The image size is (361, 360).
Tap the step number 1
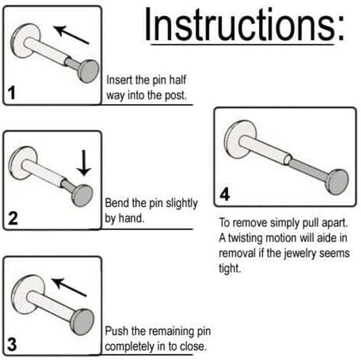pos(12,93)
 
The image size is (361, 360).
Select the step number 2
pos(13,218)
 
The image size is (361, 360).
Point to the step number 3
pos(12,344)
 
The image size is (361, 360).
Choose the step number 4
pos(225,194)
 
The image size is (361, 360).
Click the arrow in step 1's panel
pos(71,35)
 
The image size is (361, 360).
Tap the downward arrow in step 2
pos(84,163)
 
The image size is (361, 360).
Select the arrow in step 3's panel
pos(69,288)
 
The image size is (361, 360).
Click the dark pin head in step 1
pos(89,71)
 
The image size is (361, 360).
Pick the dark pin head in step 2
pos(82,195)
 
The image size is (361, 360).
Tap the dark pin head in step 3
pos(82,322)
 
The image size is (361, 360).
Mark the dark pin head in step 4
pos(337,182)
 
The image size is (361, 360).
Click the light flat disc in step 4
pos(240,139)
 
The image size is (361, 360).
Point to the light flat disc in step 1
pos(25,40)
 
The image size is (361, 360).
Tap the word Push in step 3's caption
pos(116,331)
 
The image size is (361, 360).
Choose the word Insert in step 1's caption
pos(119,80)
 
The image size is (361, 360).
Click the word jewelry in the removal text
pos(300,254)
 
